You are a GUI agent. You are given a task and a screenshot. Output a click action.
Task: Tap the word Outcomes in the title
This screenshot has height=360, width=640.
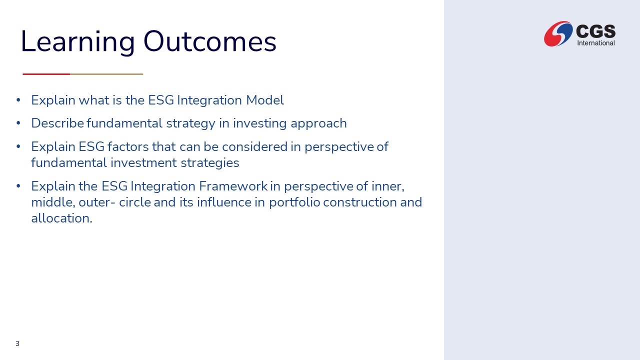(x=209, y=41)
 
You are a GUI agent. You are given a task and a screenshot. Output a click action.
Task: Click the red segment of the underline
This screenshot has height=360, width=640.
(x=46, y=74)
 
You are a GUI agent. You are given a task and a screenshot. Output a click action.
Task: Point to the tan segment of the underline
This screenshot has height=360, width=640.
(x=106, y=74)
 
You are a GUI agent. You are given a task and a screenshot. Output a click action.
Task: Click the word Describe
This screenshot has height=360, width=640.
(x=57, y=123)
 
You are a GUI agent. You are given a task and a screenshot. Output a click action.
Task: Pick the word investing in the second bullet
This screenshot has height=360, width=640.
(x=259, y=123)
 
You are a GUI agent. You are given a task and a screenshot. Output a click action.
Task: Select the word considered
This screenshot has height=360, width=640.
(x=254, y=147)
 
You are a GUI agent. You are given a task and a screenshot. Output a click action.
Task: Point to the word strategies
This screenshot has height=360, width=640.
(x=210, y=163)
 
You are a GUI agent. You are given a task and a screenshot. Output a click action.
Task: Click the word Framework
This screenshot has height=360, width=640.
(x=233, y=186)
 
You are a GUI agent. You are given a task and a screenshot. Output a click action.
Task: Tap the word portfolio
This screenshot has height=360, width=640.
(x=294, y=203)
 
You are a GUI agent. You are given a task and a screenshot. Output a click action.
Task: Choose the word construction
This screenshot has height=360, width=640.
(x=359, y=202)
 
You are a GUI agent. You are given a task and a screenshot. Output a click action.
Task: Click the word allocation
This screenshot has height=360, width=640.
(x=61, y=218)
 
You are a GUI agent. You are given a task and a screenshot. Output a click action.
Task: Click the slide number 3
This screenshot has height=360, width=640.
(x=17, y=343)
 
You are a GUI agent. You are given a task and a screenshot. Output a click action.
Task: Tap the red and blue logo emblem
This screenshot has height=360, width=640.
(x=558, y=33)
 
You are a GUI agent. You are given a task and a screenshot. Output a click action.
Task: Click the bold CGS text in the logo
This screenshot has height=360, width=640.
(x=595, y=31)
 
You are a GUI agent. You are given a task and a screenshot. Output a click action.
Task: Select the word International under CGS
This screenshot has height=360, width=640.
(x=596, y=43)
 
